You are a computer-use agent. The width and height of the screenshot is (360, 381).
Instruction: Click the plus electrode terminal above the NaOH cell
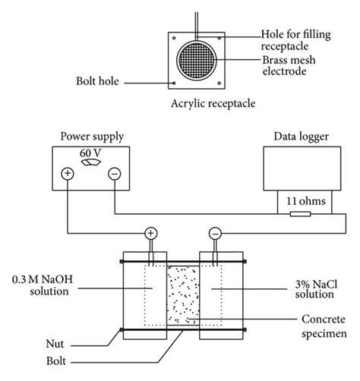click(151, 234)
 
